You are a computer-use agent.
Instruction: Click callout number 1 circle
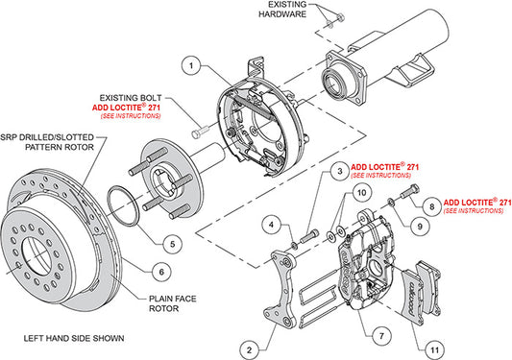coord(192,66)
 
